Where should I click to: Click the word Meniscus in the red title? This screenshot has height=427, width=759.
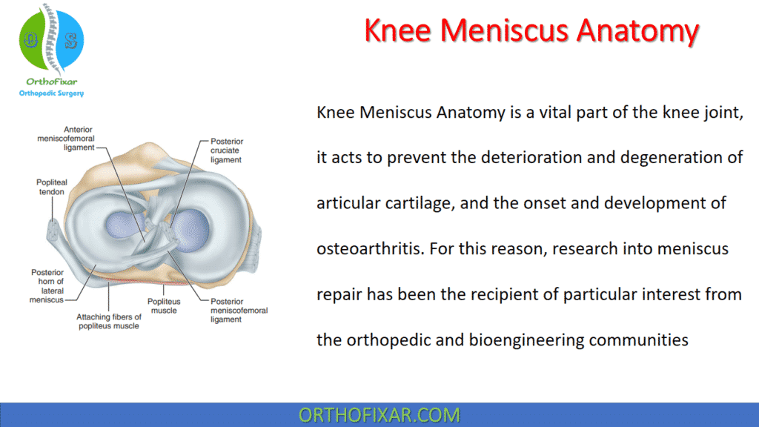[x=508, y=31]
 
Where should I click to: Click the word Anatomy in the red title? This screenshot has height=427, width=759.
[x=638, y=31]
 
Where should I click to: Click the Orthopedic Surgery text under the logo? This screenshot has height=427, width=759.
[x=51, y=93]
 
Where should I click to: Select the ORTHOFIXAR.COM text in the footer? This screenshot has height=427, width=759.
[x=379, y=414]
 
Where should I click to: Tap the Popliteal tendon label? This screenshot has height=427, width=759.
[x=51, y=187]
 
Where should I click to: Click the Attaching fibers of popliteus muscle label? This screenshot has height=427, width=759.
[x=108, y=321]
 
